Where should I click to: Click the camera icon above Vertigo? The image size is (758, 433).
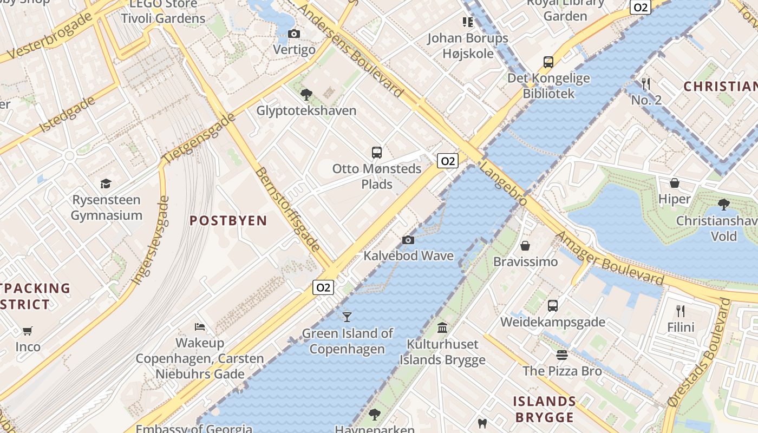294,34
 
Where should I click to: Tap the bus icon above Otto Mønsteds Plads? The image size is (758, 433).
377,152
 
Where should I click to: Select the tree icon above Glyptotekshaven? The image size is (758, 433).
306,95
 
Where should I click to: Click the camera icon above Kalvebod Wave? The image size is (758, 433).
408,240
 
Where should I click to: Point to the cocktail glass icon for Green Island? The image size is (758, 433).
347,317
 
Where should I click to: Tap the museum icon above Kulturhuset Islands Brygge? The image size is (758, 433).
442,327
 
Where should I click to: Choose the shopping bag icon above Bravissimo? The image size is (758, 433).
525,246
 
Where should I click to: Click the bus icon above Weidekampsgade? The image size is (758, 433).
552,306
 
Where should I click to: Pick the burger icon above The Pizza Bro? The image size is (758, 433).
562,355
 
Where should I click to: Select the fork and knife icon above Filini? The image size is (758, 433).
681,311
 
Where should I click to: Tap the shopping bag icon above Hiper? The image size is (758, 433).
675,183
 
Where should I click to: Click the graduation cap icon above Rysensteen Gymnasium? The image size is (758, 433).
106,183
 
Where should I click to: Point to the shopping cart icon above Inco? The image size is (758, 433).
28,330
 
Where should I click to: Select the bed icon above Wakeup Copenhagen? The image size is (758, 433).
200,327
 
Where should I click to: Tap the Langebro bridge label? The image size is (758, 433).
504,185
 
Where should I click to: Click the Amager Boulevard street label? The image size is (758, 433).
610,259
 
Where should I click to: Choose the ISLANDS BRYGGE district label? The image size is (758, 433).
544,409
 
